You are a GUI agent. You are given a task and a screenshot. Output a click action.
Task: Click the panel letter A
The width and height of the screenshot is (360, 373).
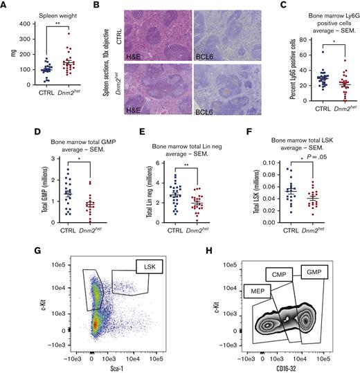pos(6,6)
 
